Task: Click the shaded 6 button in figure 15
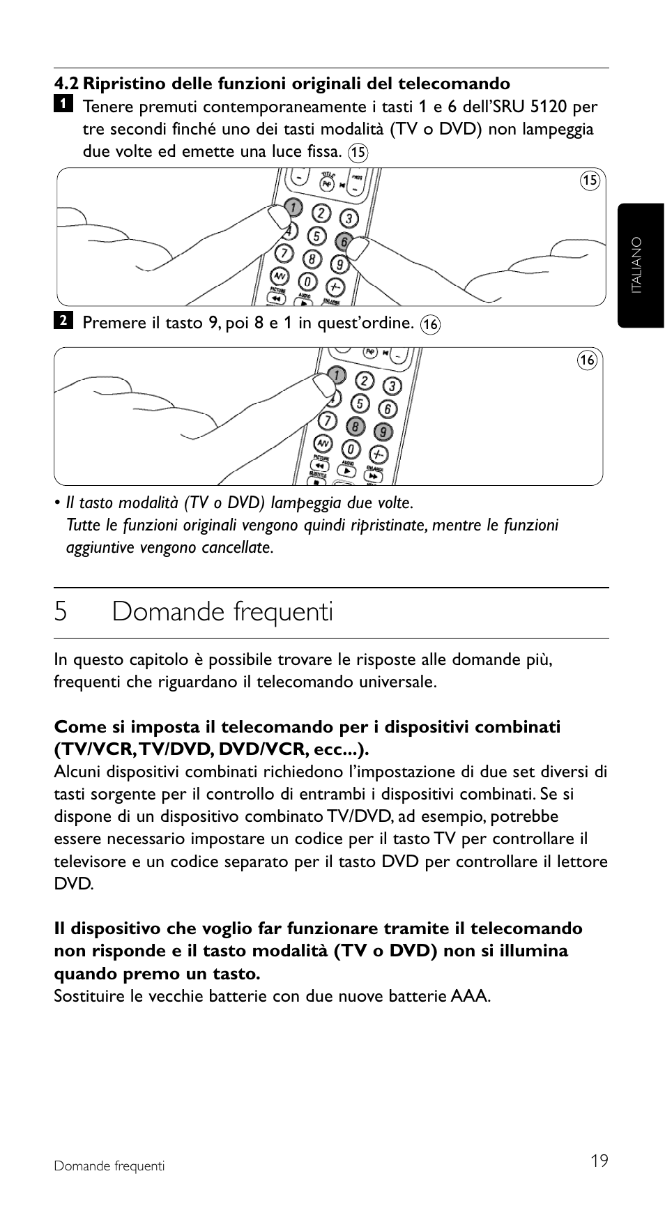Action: (343, 241)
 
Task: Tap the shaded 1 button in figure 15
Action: (294, 207)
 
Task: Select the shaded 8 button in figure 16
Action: (356, 426)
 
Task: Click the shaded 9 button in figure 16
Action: (383, 432)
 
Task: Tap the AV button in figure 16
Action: (322, 443)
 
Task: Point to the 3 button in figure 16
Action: (392, 386)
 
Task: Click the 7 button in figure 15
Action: (284, 252)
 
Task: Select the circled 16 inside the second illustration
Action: (588, 360)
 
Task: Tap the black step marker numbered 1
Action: (63, 104)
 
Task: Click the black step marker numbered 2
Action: (63, 320)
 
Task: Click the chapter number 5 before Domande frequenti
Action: (61, 612)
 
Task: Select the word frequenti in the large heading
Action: (282, 612)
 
